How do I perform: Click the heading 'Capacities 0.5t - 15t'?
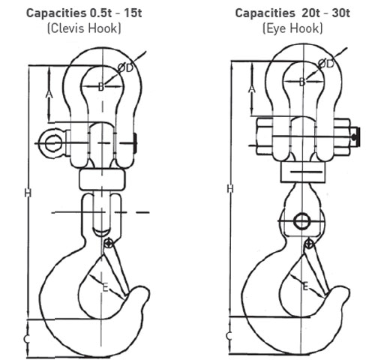[x=84, y=13]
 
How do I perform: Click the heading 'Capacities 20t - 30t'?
[x=292, y=13]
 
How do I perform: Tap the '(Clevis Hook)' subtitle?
[x=84, y=28]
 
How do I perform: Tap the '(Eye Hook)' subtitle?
[x=292, y=28]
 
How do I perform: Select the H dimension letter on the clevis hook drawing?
[x=28, y=193]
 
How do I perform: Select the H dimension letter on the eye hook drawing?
[x=230, y=189]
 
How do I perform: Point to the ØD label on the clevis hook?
[x=125, y=67]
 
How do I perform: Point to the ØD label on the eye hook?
[x=326, y=64]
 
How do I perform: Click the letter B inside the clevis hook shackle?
[x=101, y=87]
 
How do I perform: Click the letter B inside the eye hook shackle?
[x=302, y=82]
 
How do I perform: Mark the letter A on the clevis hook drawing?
[x=49, y=94]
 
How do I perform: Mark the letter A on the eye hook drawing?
[x=252, y=88]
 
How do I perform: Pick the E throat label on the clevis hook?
[x=106, y=288]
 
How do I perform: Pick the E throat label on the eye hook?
[x=305, y=286]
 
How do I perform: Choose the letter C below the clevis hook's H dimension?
[x=27, y=339]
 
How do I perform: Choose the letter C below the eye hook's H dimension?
[x=229, y=336]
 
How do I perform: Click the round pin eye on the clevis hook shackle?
[x=53, y=143]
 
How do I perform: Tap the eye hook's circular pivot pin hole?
[x=301, y=221]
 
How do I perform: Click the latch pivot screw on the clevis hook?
[x=109, y=243]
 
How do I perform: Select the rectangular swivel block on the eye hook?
[x=303, y=172]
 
